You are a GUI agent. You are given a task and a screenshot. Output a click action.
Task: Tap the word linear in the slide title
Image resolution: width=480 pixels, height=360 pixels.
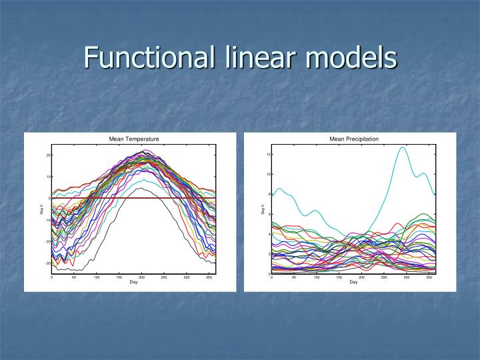point(253,57)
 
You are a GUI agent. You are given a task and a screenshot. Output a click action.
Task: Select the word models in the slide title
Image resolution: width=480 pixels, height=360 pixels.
point(351,57)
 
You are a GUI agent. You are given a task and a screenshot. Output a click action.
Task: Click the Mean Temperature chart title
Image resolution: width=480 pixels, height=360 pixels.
point(134,139)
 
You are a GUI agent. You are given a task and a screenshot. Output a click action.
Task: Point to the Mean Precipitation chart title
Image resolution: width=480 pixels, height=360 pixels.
point(354,139)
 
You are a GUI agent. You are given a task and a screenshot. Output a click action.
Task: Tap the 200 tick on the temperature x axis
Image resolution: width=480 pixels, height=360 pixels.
point(141,277)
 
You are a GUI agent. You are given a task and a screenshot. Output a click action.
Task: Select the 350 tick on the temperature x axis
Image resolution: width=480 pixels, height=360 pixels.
point(209,277)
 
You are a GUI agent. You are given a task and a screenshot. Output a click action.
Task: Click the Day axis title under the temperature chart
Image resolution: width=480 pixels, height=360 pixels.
point(133,282)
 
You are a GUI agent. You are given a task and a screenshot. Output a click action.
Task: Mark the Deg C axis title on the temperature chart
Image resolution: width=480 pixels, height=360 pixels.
point(41,210)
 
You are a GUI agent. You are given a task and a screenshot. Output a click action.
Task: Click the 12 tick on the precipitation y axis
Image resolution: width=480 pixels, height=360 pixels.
point(268,155)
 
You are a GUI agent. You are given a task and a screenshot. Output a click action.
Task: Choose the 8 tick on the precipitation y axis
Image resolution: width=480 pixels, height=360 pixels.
point(269,194)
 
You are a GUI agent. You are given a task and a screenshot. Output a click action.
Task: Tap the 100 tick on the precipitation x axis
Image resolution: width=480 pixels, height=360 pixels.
point(317,277)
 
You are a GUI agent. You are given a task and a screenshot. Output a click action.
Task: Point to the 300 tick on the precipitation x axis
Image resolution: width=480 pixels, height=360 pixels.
point(406,277)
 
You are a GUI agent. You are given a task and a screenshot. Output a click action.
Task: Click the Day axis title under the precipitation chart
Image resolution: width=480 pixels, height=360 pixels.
point(353,282)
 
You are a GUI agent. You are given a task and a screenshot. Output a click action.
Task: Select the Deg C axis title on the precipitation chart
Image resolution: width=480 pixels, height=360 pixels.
point(262,210)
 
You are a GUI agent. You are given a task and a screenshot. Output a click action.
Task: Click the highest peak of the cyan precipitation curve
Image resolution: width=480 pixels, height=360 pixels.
point(402,147)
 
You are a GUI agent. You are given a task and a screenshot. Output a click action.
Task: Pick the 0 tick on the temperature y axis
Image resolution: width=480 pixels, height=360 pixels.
point(49,199)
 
